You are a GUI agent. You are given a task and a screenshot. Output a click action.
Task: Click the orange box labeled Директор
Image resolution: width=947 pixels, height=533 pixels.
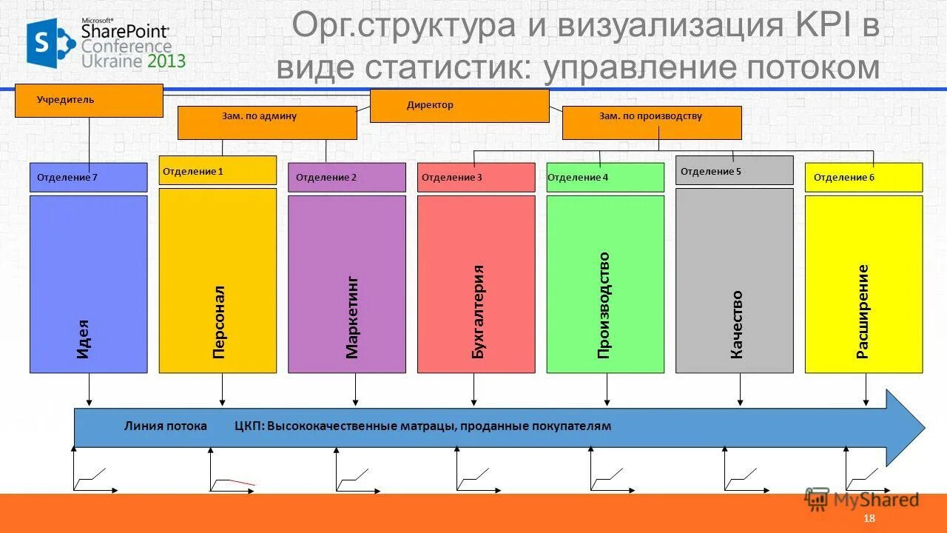pyautogui.click(x=459, y=105)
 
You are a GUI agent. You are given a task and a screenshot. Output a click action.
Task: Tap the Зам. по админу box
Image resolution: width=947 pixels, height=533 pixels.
pyautogui.click(x=267, y=122)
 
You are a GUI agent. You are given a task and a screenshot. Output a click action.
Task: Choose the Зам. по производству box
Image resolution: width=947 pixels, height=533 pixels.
pyautogui.click(x=652, y=122)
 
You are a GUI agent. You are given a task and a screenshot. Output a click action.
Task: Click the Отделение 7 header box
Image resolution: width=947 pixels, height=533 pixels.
pyautogui.click(x=88, y=178)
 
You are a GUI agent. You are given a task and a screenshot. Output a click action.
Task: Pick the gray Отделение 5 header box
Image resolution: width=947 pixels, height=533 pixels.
pyautogui.click(x=734, y=170)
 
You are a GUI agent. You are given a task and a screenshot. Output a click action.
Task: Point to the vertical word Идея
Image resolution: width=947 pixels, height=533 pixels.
pyautogui.click(x=83, y=339)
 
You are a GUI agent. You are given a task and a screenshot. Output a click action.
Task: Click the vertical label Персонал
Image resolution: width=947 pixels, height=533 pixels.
pyautogui.click(x=218, y=322)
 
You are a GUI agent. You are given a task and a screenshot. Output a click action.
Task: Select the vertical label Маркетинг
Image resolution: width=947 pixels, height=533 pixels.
pyautogui.click(x=352, y=318)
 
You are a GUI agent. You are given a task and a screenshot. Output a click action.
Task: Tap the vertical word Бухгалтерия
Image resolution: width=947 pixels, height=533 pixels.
pyautogui.click(x=479, y=312)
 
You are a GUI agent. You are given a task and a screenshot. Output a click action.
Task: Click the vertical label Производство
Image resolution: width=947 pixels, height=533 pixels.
pyautogui.click(x=604, y=305)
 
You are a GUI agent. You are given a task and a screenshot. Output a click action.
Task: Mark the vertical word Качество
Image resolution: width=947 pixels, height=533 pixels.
pyautogui.click(x=737, y=324)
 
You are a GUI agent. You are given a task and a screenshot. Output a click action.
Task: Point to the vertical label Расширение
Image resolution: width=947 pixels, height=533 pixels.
pyautogui.click(x=863, y=312)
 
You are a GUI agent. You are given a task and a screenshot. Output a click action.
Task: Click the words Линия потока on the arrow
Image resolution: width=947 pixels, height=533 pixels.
pyautogui.click(x=165, y=426)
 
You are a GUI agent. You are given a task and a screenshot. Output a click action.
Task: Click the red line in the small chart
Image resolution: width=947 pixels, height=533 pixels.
pyautogui.click(x=241, y=482)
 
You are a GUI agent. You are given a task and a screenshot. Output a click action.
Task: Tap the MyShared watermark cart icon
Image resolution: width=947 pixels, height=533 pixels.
pyautogui.click(x=817, y=500)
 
